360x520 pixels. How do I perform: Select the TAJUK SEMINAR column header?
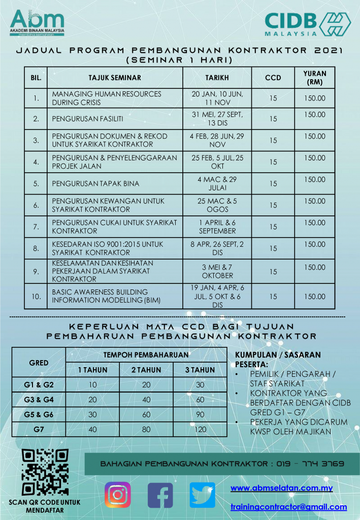(114, 78)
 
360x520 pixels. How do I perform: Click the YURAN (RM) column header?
(315, 78)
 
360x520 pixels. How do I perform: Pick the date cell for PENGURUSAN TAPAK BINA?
(217, 183)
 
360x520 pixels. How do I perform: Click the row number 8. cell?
(36, 249)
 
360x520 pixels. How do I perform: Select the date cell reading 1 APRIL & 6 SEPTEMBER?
(217, 226)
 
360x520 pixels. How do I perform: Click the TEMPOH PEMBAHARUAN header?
(146, 355)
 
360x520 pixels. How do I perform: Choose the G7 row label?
(39, 429)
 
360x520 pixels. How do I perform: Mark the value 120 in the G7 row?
(200, 429)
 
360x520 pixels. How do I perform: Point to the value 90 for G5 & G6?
(200, 414)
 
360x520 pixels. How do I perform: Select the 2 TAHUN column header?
(146, 370)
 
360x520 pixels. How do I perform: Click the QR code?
(45, 472)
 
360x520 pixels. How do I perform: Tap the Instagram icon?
(118, 495)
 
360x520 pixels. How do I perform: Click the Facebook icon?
(160, 495)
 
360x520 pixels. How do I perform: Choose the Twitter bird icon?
(202, 495)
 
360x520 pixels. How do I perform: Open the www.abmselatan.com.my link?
(281, 489)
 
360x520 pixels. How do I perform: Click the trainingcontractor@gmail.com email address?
(288, 507)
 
